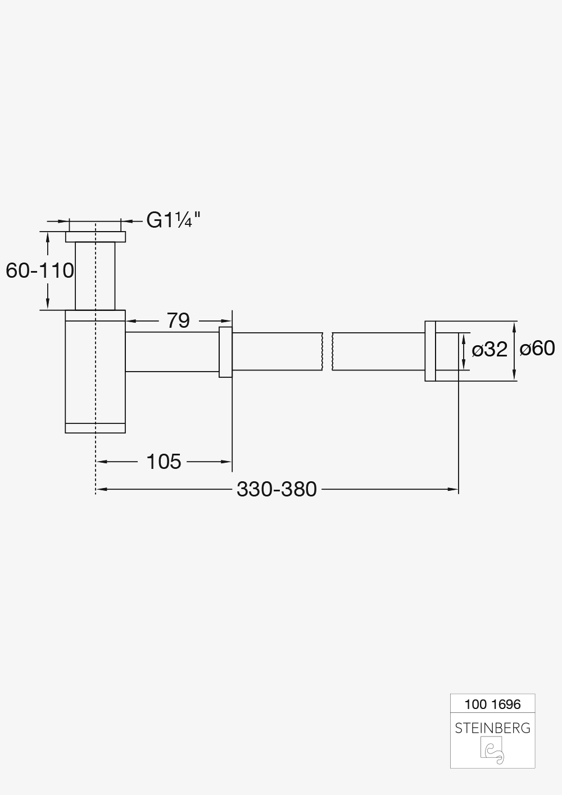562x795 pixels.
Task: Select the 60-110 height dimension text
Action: (x=40, y=270)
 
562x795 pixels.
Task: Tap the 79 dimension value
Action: (x=178, y=320)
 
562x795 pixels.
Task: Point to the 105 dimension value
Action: (x=164, y=462)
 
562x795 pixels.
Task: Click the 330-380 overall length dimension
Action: (x=277, y=489)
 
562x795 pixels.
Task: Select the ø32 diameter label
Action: (x=489, y=350)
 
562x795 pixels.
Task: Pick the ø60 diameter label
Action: (x=537, y=349)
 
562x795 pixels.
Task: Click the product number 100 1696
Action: (x=492, y=704)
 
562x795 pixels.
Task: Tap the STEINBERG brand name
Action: (x=492, y=728)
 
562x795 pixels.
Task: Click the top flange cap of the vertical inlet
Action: (x=96, y=237)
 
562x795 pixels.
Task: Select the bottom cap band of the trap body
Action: (x=95, y=428)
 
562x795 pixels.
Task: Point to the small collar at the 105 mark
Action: (x=225, y=352)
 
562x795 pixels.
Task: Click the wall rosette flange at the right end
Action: (x=430, y=351)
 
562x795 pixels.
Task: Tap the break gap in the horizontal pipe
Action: (x=327, y=352)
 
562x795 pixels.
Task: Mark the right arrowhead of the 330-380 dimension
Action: (x=454, y=490)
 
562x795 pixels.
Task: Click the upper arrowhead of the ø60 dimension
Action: (x=514, y=326)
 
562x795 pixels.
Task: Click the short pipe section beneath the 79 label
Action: (x=171, y=352)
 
